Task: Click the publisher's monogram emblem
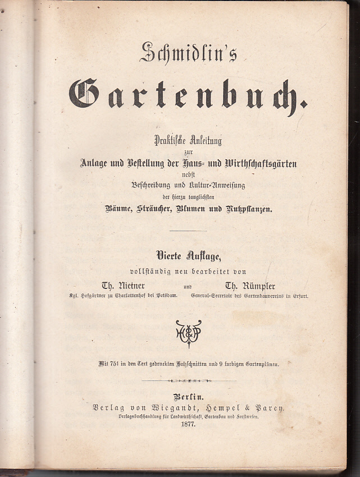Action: click(188, 334)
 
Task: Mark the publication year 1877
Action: click(188, 425)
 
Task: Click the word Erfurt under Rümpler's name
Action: click(298, 295)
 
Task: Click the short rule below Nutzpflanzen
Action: click(188, 230)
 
